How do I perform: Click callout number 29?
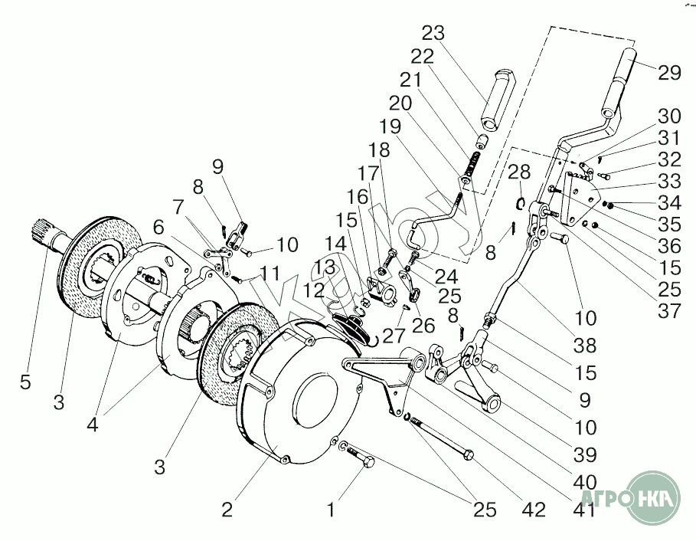669,74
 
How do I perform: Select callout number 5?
25,382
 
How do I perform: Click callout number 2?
227,510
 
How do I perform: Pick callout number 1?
331,508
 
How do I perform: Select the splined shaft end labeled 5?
44,230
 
